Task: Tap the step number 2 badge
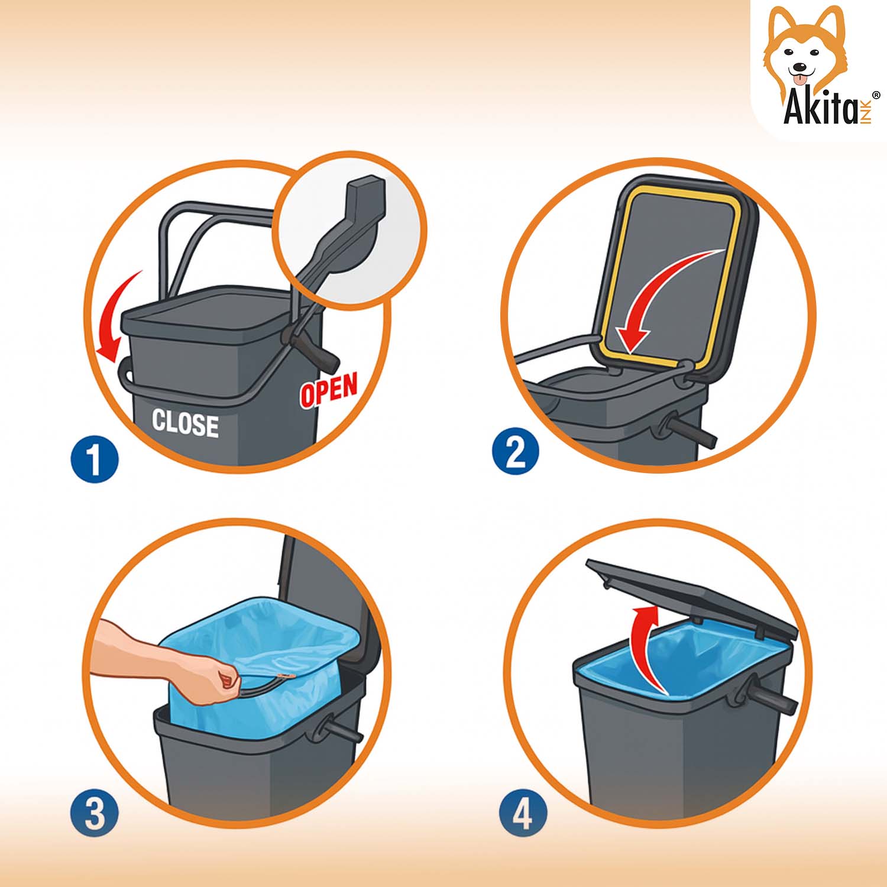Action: pyautogui.click(x=515, y=453)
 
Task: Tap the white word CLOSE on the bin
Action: pyautogui.click(x=185, y=423)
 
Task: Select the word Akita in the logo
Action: pyautogui.click(x=820, y=108)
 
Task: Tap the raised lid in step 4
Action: pyautogui.click(x=692, y=598)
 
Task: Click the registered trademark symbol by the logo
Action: pyautogui.click(x=876, y=95)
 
